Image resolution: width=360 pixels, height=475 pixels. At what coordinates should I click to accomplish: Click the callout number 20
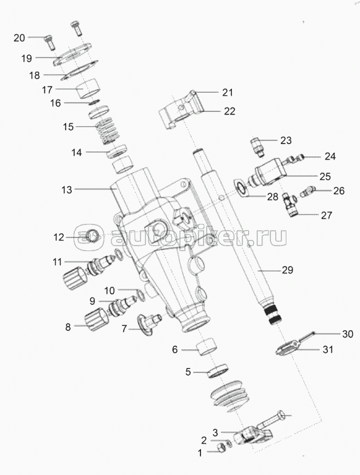pyautogui.click(x=19, y=38)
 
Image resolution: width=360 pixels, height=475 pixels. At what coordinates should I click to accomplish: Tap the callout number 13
pyautogui.click(x=67, y=190)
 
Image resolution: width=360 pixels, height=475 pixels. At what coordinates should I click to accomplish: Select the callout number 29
pyautogui.click(x=287, y=270)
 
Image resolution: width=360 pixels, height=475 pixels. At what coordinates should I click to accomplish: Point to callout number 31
pyautogui.click(x=328, y=349)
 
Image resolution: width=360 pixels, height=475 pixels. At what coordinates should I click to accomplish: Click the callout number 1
pyautogui.click(x=200, y=453)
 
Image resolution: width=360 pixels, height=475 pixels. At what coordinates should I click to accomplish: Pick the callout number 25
pyautogui.click(x=325, y=176)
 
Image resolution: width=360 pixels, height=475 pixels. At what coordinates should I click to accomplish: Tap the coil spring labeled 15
pyautogui.click(x=107, y=131)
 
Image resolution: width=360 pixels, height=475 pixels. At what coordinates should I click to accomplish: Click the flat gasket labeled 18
pyautogui.click(x=80, y=71)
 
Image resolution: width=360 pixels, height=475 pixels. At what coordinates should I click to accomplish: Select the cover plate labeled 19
pyautogui.click(x=73, y=54)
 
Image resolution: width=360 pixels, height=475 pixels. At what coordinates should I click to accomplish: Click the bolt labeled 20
pyautogui.click(x=50, y=43)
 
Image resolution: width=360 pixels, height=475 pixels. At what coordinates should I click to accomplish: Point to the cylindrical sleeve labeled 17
pyautogui.click(x=88, y=88)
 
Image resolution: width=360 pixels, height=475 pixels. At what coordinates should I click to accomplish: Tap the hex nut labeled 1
pyautogui.click(x=221, y=448)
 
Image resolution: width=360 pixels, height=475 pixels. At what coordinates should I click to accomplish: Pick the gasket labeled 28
pyautogui.click(x=241, y=189)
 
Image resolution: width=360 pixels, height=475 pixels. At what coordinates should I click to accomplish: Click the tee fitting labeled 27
pyautogui.click(x=289, y=205)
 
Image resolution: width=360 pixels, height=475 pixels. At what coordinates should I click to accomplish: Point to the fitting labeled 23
pyautogui.click(x=257, y=147)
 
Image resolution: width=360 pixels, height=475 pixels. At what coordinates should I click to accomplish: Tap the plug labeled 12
pyautogui.click(x=92, y=236)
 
